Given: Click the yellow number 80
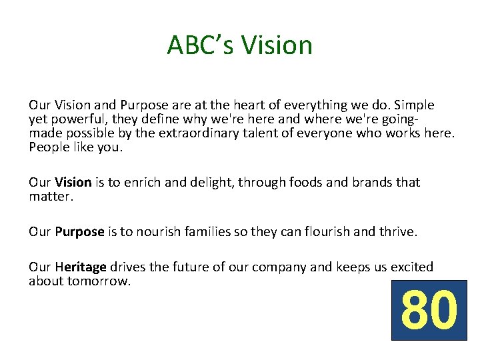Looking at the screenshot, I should (x=429, y=311).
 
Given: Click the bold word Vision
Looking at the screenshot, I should (x=73, y=183).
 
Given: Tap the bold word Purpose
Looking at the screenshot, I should (x=80, y=232).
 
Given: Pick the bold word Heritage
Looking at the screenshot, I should (x=81, y=267).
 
